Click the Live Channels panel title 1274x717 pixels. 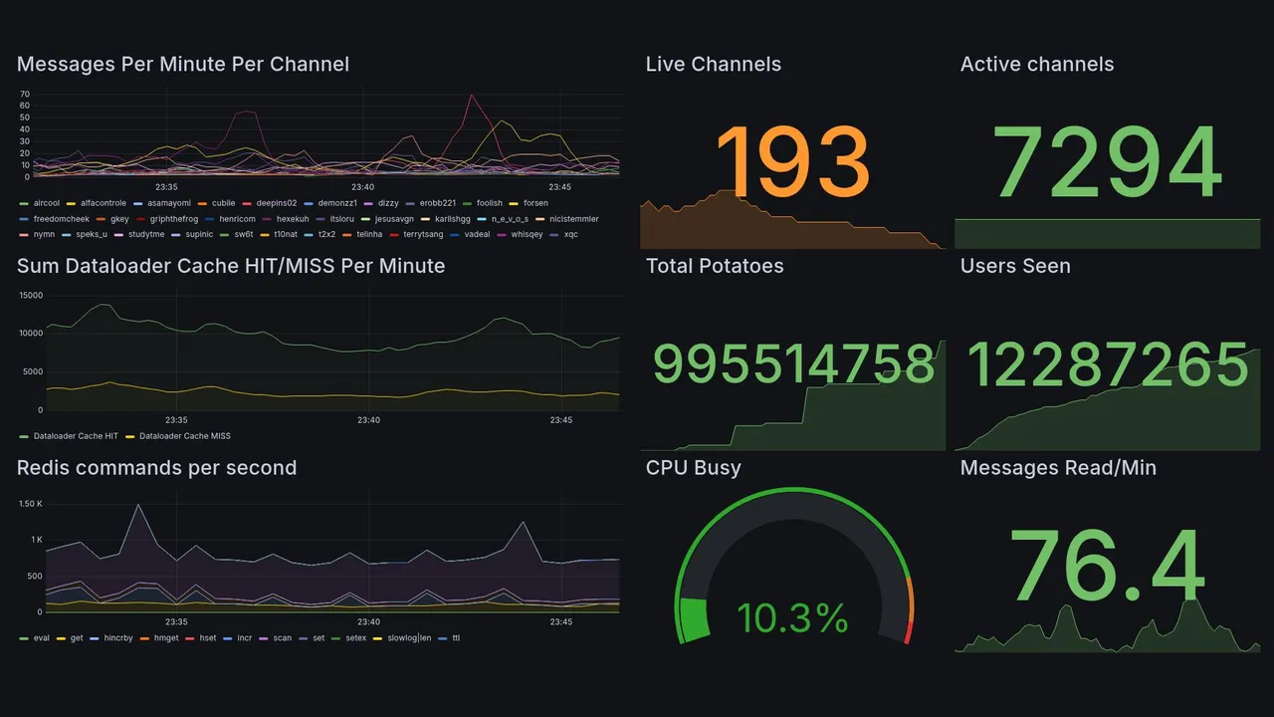pos(713,65)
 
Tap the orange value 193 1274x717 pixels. pos(792,162)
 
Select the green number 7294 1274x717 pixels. pos(1108,162)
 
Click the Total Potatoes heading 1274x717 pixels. pos(714,266)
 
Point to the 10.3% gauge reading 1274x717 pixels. pos(792,618)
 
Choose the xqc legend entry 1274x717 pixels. pos(570,235)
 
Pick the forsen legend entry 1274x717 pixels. pos(534,203)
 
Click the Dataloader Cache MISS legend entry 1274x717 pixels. pos(184,436)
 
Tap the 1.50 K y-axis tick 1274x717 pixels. pos(30,504)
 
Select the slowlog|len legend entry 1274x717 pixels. pos(408,638)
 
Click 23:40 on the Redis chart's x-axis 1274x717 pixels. pos(368,622)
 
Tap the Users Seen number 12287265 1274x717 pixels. pos(1108,364)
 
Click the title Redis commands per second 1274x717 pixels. pos(156,468)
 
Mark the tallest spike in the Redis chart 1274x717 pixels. pos(138,506)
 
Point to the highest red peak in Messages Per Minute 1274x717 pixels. pos(471,97)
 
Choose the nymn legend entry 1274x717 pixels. pos(44,235)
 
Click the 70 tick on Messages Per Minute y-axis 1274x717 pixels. pos(25,95)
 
